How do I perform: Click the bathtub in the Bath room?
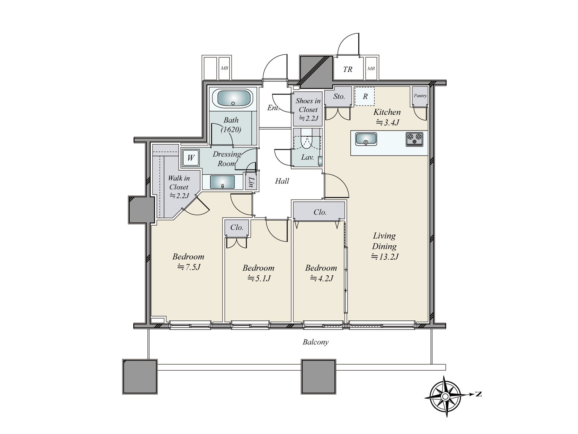[x=233, y=98]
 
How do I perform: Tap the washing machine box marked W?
[x=191, y=158]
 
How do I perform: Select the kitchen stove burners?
[x=414, y=139]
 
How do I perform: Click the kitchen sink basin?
[x=366, y=139]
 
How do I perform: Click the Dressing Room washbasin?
[x=222, y=182]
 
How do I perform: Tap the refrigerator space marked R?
[x=365, y=97]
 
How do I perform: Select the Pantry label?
[x=420, y=95]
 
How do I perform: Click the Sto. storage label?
[x=339, y=97]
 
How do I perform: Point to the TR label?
[x=348, y=69]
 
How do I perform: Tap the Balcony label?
[x=315, y=342]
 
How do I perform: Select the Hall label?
[x=282, y=181]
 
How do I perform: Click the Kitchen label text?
[x=387, y=112]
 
